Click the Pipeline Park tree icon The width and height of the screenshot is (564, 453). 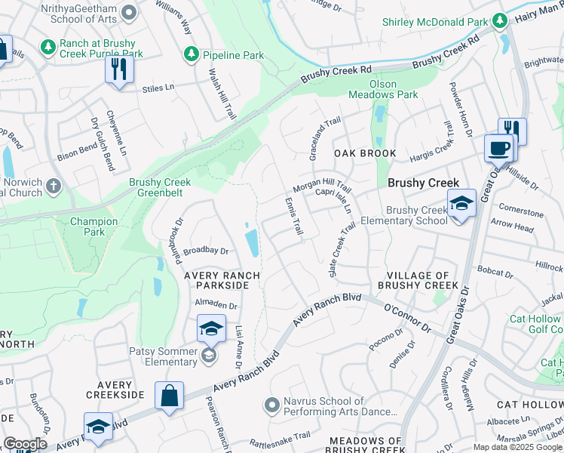click(x=192, y=55)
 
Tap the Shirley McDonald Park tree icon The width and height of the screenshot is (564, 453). click(x=499, y=21)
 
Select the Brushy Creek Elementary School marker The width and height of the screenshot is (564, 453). click(x=461, y=204)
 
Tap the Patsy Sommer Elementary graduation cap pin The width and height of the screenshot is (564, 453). click(x=210, y=330)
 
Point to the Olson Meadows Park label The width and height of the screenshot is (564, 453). click(x=382, y=89)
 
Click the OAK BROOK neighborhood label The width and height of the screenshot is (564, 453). click(x=365, y=153)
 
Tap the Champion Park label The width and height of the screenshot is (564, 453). click(x=93, y=227)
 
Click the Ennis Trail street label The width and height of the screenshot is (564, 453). click(x=293, y=216)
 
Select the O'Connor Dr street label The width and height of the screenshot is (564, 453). click(x=406, y=319)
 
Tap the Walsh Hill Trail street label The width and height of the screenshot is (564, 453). click(x=222, y=93)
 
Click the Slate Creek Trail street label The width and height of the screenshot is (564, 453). click(x=342, y=248)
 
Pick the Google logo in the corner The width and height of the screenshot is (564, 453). click(x=25, y=444)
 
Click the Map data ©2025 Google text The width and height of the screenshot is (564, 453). click(x=517, y=447)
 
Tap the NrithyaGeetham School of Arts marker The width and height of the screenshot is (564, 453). click(x=129, y=12)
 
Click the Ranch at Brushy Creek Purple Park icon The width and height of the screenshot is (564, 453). click(x=48, y=48)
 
